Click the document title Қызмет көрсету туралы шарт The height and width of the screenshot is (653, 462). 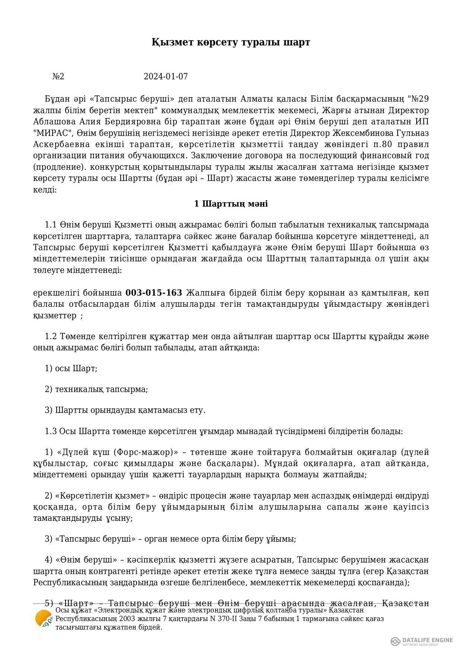click(231, 42)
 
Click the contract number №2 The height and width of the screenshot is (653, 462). click(58, 77)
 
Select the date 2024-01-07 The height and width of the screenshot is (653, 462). click(166, 77)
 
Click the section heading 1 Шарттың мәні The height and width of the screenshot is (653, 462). click(231, 204)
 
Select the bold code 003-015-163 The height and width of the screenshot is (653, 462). click(154, 293)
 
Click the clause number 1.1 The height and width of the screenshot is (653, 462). click(50, 225)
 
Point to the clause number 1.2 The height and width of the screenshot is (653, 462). click(50, 337)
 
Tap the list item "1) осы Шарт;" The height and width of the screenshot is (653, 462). click(71, 369)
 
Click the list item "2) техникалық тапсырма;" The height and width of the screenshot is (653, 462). click(96, 389)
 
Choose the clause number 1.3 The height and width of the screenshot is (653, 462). click(50, 431)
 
